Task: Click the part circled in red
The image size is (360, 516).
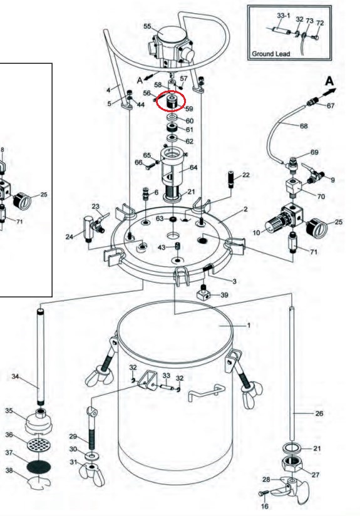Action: pyautogui.click(x=172, y=101)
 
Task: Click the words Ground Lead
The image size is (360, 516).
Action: pyautogui.click(x=270, y=54)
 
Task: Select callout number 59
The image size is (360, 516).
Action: pyautogui.click(x=189, y=108)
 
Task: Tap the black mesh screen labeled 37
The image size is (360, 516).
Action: pyautogui.click(x=38, y=467)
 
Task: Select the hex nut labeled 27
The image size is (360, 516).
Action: pyautogui.click(x=292, y=463)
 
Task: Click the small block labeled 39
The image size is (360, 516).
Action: pyautogui.click(x=204, y=293)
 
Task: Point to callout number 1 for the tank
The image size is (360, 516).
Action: pyautogui.click(x=249, y=325)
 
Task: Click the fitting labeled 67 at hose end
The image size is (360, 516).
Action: pyautogui.click(x=312, y=102)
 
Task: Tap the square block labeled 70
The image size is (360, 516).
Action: pyautogui.click(x=294, y=188)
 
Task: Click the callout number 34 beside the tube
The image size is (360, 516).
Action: pyautogui.click(x=15, y=376)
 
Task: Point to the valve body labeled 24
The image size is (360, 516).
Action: pyautogui.click(x=88, y=228)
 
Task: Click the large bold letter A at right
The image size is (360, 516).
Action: pyautogui.click(x=329, y=81)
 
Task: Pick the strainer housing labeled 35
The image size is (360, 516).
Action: pyautogui.click(x=38, y=422)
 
